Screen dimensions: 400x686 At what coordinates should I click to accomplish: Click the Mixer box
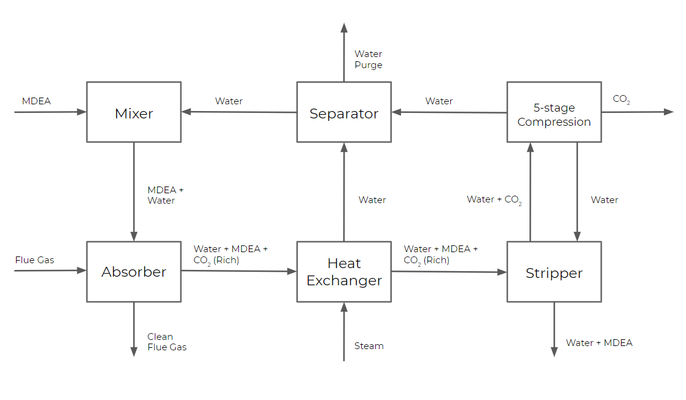point(134,112)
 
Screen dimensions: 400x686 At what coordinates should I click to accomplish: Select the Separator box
point(344,112)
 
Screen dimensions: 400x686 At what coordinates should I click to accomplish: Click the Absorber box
point(134,272)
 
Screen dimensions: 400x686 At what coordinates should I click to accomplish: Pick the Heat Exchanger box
point(344,272)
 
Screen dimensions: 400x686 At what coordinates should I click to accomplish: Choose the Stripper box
point(554,272)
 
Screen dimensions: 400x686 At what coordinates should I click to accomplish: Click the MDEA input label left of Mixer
point(36,101)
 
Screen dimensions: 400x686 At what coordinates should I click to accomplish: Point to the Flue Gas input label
point(34,260)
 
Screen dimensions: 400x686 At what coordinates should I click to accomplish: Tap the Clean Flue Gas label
point(166,342)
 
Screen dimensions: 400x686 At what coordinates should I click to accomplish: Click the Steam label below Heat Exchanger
point(368,346)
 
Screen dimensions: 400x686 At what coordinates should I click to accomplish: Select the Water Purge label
point(368,60)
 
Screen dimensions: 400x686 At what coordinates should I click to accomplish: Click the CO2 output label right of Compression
point(621,99)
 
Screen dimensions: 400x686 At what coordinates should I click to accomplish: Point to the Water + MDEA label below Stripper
point(599,343)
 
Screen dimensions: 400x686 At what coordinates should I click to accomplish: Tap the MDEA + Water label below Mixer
point(165,195)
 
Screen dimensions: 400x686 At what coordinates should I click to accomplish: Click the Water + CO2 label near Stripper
point(494,200)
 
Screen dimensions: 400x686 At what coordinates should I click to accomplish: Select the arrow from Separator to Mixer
point(239,112)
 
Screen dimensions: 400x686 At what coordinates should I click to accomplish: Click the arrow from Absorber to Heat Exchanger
point(239,271)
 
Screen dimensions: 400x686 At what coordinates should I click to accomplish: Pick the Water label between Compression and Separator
point(439,101)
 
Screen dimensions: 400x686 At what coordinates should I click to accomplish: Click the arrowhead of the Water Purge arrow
point(344,27)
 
